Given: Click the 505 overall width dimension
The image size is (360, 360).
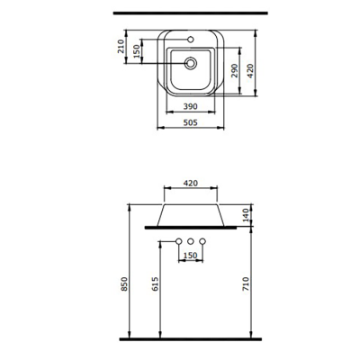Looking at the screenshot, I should coord(190,125).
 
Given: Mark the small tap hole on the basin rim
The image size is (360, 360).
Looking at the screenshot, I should coord(191,40).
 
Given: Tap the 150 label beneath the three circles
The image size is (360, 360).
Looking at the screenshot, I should coord(191,256).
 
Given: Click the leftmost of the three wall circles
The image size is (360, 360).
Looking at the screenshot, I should coord(179,241).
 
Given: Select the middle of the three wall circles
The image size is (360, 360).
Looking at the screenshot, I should coord(191,241).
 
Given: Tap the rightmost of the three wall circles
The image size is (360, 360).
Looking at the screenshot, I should coord(202,241).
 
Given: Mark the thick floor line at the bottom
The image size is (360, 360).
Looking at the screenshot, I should coord(191,338).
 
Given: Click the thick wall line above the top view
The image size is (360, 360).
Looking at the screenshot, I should coord(191,16).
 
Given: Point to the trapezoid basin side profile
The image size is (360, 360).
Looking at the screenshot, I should coord(191,214).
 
